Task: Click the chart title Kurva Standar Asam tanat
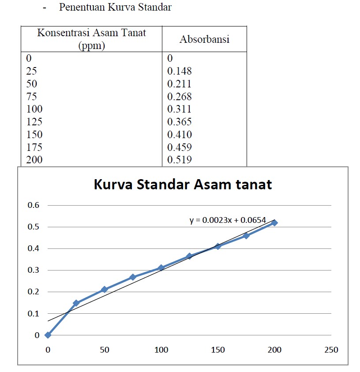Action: (x=183, y=184)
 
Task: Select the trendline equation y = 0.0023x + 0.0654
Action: (x=228, y=220)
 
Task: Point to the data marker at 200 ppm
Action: (x=274, y=223)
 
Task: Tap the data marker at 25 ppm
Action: (x=76, y=303)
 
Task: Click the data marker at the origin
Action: (x=48, y=335)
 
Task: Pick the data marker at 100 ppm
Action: (x=161, y=268)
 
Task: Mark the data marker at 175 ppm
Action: (x=246, y=236)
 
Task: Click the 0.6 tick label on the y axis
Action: (x=34, y=205)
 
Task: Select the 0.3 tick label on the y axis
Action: (x=34, y=270)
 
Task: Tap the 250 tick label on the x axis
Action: (x=331, y=350)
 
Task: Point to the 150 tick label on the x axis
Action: (x=217, y=350)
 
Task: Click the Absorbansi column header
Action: (x=204, y=39)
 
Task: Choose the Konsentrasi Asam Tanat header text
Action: (x=91, y=33)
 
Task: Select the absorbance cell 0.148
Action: (x=180, y=71)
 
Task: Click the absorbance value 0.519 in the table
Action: (x=180, y=159)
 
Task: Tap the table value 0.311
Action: (x=180, y=109)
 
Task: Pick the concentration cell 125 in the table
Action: (x=34, y=122)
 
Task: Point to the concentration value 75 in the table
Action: (x=31, y=96)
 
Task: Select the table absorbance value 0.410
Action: (x=180, y=134)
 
